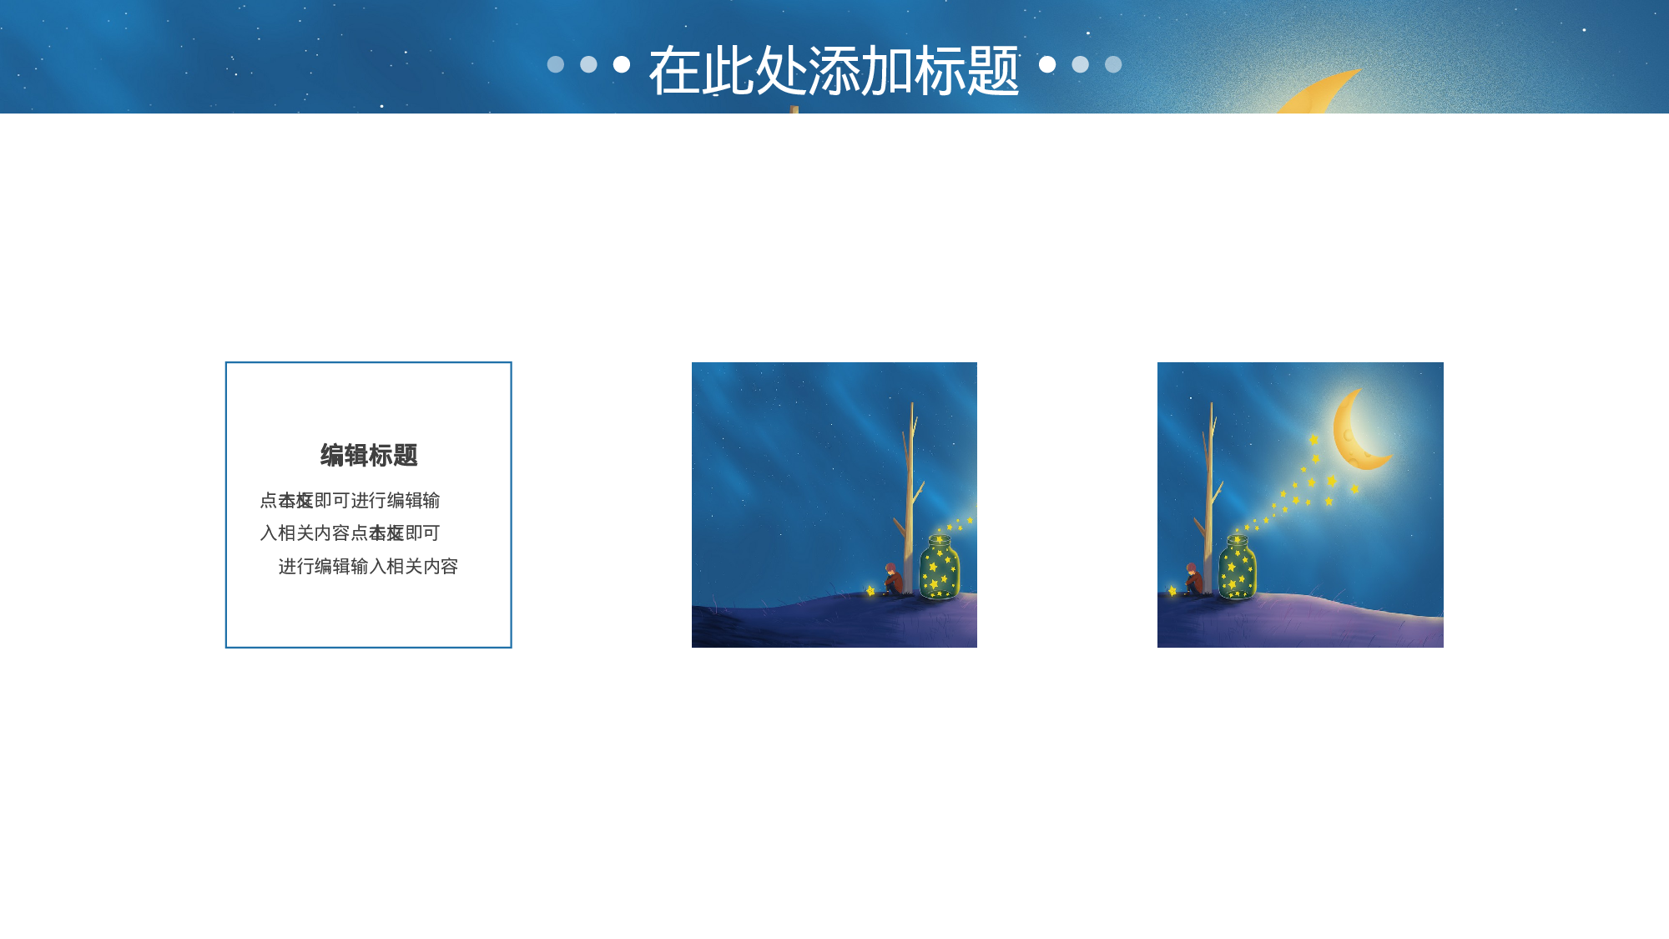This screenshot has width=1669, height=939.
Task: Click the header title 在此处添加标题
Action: [x=834, y=71]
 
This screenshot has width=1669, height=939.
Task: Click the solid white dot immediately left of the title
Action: [x=622, y=64]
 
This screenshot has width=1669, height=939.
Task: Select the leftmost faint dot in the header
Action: [x=556, y=64]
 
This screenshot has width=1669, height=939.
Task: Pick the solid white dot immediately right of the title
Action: [x=1047, y=64]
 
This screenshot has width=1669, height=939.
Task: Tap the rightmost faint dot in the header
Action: [x=1113, y=64]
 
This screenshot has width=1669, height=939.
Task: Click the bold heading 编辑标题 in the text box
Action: [x=369, y=456]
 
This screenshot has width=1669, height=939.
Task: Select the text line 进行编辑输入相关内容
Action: [x=368, y=567]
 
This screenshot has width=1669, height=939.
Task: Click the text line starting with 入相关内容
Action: [x=350, y=533]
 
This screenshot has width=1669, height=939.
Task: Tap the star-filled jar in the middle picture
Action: [x=940, y=569]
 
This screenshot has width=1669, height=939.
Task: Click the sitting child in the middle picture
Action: [x=892, y=579]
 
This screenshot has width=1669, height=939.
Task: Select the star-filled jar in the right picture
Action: [x=1238, y=569]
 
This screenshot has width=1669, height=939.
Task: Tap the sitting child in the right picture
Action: [x=1193, y=579]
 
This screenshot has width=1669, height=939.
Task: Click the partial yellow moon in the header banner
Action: [x=1319, y=93]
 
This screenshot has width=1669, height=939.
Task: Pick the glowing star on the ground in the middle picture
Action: [x=870, y=591]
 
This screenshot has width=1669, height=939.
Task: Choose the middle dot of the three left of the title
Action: [x=588, y=64]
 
